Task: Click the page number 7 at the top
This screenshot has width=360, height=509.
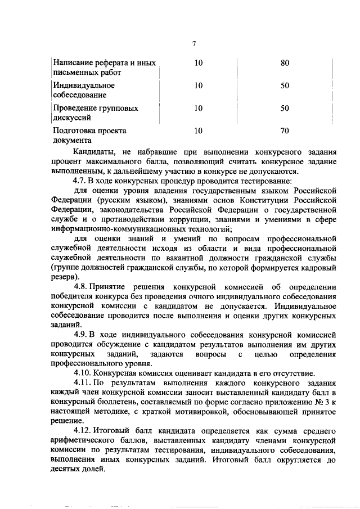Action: click(193, 44)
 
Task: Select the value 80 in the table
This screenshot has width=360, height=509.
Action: click(284, 63)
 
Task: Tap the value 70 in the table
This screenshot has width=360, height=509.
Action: click(284, 130)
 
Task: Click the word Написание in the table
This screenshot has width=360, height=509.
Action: click(73, 63)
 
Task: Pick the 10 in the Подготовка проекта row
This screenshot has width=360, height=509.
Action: click(198, 130)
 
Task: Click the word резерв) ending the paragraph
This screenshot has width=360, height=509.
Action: click(64, 277)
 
